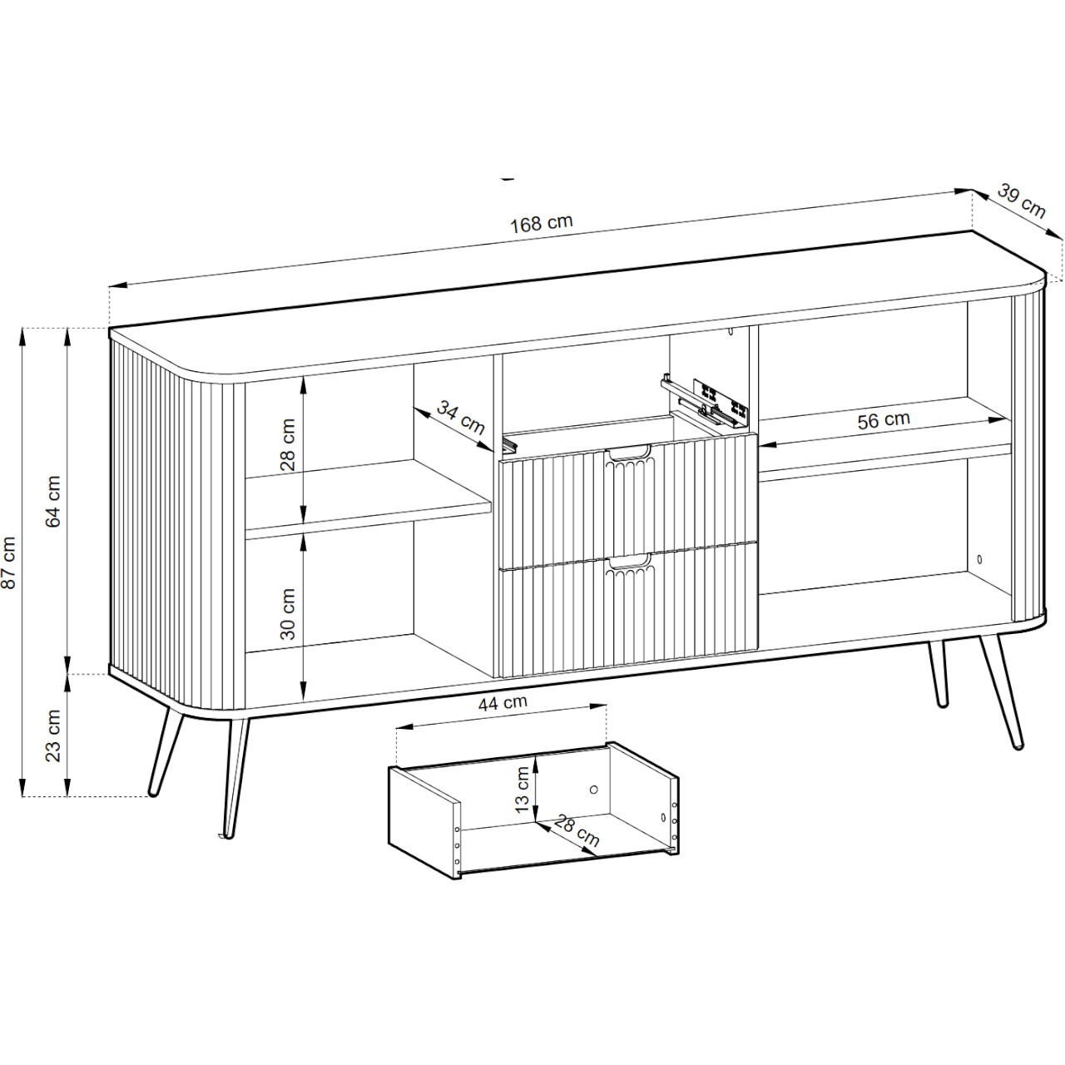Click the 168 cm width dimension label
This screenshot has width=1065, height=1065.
(541, 224)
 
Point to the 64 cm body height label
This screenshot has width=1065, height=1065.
(53, 501)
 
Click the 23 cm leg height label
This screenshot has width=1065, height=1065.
(53, 736)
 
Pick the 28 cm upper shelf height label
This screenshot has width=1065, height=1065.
(288, 444)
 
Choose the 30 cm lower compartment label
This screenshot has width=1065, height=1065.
(288, 613)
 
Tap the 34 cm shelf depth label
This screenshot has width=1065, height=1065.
(460, 418)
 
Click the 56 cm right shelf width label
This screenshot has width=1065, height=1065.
(883, 420)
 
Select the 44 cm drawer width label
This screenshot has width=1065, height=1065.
(503, 703)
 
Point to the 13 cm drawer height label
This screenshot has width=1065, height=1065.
(523, 790)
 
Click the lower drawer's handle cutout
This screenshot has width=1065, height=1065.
(628, 562)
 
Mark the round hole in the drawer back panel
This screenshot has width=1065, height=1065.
(593, 790)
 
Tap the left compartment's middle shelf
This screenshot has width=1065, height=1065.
(368, 499)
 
